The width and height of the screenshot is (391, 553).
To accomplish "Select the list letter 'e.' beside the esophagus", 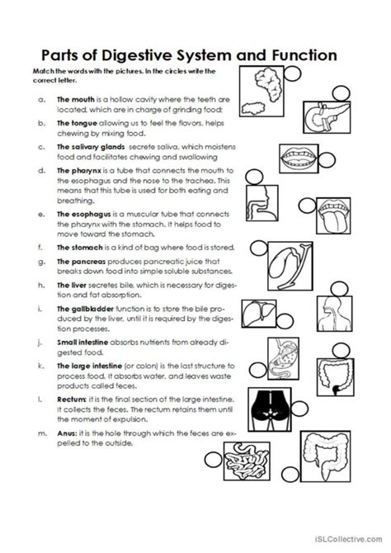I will [41, 213].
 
